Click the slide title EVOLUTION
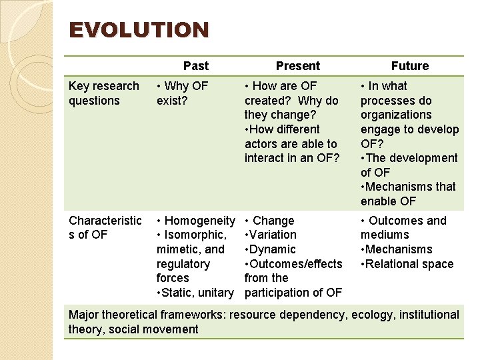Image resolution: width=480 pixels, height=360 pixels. click(x=139, y=31)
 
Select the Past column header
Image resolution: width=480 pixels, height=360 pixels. click(x=195, y=66)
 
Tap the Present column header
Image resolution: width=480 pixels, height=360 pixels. click(x=297, y=66)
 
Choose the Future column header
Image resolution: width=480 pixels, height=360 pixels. click(x=409, y=66)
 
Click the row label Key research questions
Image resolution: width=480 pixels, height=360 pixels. click(x=103, y=93)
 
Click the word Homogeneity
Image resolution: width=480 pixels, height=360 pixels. click(x=199, y=221)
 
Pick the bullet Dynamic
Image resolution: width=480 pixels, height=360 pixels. click(x=272, y=249)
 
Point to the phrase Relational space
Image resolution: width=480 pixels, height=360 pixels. click(x=409, y=264)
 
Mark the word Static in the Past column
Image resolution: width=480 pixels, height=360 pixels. click(x=179, y=293)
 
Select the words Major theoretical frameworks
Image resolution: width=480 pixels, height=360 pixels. click(x=147, y=315)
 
